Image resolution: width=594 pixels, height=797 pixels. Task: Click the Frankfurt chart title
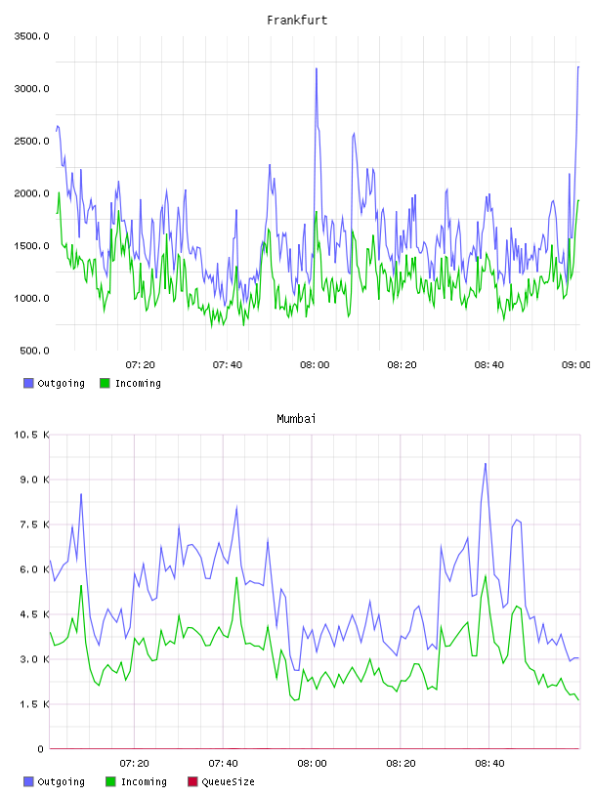click(x=297, y=21)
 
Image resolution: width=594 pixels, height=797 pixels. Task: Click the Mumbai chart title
click(x=296, y=419)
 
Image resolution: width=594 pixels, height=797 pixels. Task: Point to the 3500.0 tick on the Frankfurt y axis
click(x=31, y=36)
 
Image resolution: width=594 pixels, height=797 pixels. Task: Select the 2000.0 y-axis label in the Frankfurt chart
click(x=31, y=193)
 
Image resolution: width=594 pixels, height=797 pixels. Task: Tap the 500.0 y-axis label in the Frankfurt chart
click(x=34, y=351)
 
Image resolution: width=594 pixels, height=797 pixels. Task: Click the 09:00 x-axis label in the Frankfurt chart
click(x=575, y=365)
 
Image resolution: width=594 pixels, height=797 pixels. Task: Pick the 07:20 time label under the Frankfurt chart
click(x=141, y=365)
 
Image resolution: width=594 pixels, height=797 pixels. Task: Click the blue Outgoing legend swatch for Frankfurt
click(x=28, y=383)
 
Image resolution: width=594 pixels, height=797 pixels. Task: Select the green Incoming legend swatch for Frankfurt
click(x=105, y=383)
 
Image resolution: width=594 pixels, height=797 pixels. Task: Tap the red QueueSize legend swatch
click(x=192, y=781)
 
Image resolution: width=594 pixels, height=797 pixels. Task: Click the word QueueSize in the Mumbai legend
click(x=228, y=781)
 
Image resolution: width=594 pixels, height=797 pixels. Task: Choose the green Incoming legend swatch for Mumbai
click(x=110, y=781)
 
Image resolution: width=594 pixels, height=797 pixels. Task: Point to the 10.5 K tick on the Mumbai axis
click(x=31, y=435)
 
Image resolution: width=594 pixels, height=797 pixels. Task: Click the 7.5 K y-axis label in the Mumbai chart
click(x=34, y=524)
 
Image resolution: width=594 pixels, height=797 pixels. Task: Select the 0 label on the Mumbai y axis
click(x=41, y=749)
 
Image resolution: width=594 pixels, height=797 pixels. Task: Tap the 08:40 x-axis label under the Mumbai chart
click(x=489, y=764)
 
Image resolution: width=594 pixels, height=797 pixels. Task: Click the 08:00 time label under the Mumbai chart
click(x=312, y=764)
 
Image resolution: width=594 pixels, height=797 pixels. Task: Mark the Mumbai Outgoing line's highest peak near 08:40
click(x=486, y=464)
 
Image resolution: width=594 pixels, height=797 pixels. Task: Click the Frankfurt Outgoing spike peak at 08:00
click(x=317, y=68)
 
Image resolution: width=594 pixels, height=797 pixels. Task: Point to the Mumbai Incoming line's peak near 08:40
click(x=486, y=576)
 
